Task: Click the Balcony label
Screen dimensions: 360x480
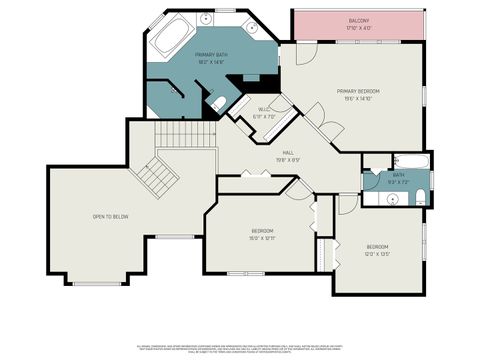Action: [358, 21]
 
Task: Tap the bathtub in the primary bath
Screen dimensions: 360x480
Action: [172, 38]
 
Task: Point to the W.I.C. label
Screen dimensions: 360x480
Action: [264, 110]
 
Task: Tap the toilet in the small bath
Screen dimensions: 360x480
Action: [419, 195]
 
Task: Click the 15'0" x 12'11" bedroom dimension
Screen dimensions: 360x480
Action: [262, 239]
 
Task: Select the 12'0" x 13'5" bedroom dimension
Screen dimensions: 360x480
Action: [377, 254]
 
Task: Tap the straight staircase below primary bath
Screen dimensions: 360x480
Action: [187, 133]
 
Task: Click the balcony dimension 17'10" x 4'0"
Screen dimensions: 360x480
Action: [358, 28]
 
